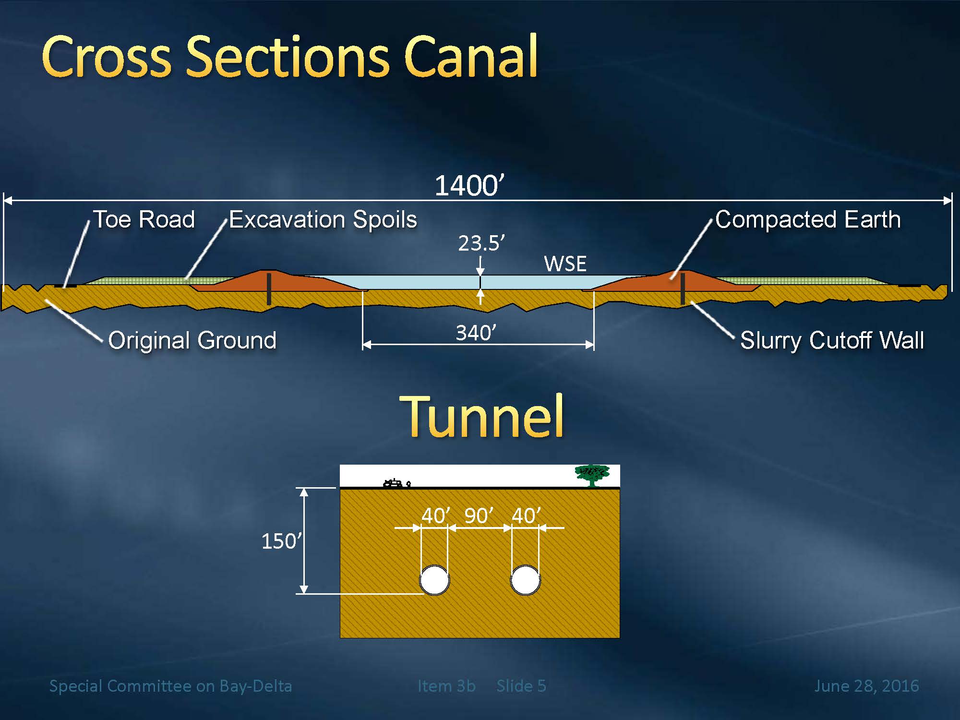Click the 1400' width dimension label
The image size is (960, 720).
469,186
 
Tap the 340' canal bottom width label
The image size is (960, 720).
476,333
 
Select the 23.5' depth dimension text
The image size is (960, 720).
481,243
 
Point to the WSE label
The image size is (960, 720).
565,264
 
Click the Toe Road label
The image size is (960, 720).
144,219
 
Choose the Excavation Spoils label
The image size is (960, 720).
323,220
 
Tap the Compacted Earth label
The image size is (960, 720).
808,220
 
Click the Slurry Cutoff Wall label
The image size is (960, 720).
832,340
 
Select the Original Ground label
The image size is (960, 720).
192,340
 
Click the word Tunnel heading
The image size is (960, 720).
481,416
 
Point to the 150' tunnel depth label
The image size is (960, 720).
281,541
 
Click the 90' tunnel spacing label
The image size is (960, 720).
479,516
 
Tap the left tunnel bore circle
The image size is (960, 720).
434,580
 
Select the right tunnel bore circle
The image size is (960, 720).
526,580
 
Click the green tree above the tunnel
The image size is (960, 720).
592,475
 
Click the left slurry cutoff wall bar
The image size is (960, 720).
269,289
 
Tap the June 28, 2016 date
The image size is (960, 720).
866,686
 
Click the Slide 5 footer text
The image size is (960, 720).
521,686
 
